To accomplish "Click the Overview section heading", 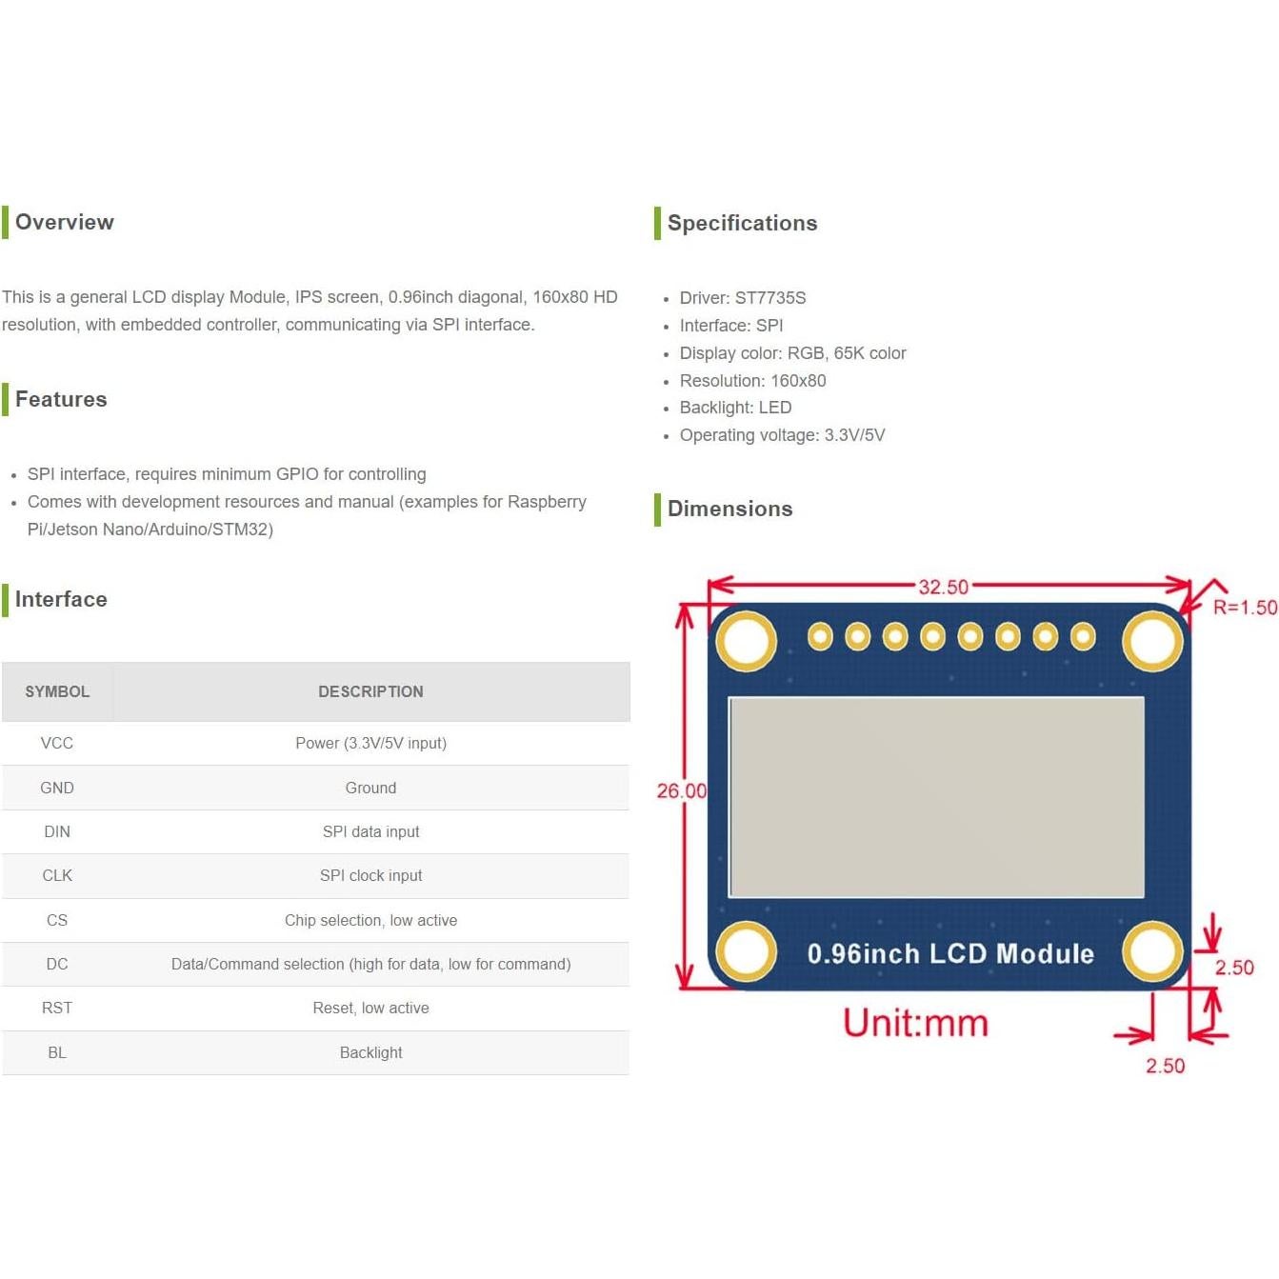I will (64, 222).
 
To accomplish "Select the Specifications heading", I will (742, 223).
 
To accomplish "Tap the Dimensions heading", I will (729, 509).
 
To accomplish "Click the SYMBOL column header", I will (57, 691).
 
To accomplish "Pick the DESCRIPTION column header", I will (370, 691).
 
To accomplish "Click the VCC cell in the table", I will (57, 743).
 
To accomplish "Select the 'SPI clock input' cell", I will (370, 875).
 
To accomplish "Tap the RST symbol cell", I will (57, 1008).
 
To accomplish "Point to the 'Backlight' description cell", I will (370, 1052).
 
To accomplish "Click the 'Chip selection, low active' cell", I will (370, 920).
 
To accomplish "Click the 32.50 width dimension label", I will (943, 587).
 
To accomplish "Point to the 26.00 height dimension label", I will (681, 790).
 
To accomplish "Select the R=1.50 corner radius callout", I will (1244, 608).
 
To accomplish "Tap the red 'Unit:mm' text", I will (915, 1023).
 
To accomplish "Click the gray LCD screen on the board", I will (936, 797).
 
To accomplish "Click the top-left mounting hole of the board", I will (746, 640).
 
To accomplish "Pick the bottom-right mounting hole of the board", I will (1152, 951).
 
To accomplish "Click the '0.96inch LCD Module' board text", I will (949, 953).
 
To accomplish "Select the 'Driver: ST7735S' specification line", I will (742, 298).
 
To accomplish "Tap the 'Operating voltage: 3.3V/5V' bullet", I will (782, 435).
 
